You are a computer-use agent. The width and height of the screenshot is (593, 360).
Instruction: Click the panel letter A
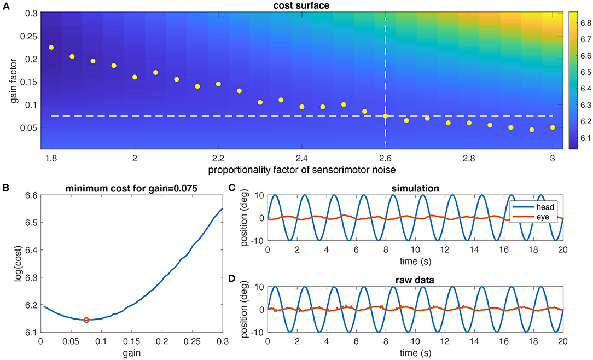5,5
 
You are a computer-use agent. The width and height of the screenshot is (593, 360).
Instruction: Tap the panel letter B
5,187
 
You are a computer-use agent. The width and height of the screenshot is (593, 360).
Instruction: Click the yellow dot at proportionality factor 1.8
51,48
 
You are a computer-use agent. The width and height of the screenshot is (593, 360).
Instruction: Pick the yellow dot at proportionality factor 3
553,127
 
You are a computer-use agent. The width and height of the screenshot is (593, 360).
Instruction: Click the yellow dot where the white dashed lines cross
386,116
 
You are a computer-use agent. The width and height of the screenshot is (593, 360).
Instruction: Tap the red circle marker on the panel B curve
86,320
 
